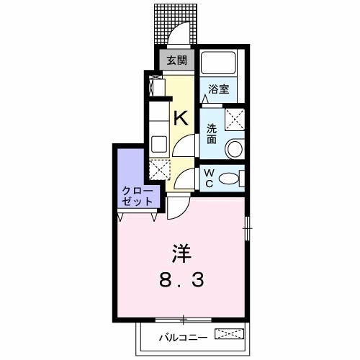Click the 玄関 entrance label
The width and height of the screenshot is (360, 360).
176,61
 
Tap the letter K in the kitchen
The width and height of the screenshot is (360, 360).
180,118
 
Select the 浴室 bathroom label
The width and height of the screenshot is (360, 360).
220,89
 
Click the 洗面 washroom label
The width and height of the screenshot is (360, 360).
212,133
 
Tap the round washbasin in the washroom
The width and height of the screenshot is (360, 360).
233,149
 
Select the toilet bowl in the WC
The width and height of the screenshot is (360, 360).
229,178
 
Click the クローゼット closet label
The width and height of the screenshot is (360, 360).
137,196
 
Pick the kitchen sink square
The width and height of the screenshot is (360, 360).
159,143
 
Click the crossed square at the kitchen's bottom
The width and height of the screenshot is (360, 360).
159,170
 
